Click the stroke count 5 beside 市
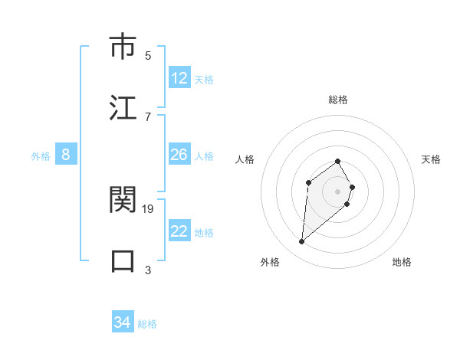pos(148,55)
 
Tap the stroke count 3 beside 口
pos(148,270)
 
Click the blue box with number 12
pos(179,78)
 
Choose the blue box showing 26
pos(179,155)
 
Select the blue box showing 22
pos(179,231)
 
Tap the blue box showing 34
pos(122,322)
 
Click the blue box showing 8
pos(66,155)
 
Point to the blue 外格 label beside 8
pos(41,155)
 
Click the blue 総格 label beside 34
pos(147,323)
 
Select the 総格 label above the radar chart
pos(338,100)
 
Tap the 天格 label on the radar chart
pos(431,159)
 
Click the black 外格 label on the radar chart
pos(270,262)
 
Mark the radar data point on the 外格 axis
pos(301,242)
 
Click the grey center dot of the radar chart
pos(338,191)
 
